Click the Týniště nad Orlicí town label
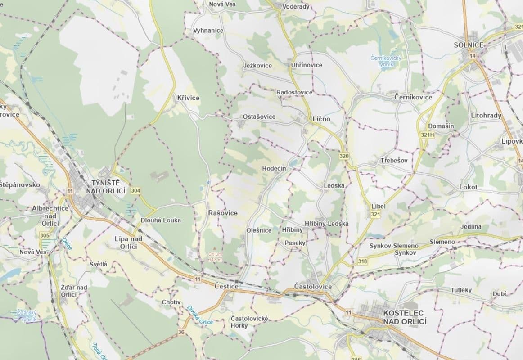[105, 187]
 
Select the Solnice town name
[469, 45]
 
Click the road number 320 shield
[344, 156]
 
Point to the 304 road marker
[135, 191]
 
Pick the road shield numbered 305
[45, 235]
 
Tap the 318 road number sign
[363, 261]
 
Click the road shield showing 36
[181, 332]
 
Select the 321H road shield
[427, 135]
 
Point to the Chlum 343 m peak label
[216, 257]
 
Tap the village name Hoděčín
[274, 168]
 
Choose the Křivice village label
[188, 98]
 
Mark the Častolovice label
[312, 287]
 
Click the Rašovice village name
[223, 212]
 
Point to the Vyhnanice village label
[208, 31]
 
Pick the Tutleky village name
[461, 290]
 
